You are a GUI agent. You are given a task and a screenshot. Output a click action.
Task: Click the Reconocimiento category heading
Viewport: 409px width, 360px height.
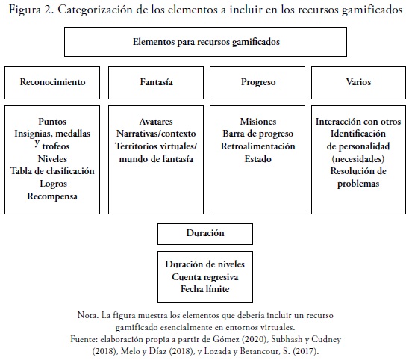[x=52, y=82]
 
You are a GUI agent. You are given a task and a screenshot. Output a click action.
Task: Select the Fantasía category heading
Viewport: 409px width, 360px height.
[x=156, y=82]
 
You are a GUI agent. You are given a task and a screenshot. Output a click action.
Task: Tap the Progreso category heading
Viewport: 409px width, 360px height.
[x=258, y=82]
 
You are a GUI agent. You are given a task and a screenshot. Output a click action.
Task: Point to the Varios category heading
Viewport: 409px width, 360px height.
[x=358, y=82]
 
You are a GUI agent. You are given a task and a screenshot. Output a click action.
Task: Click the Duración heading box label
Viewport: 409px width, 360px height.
[x=205, y=233]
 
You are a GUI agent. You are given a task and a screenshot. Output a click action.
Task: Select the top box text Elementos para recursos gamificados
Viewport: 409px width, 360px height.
[x=206, y=42]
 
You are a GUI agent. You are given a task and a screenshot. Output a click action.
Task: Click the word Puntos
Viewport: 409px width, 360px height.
[x=52, y=122]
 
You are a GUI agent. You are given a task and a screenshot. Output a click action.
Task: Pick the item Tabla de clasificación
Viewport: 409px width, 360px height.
[x=52, y=171]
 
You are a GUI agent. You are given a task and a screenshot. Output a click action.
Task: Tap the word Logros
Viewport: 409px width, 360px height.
[x=53, y=184]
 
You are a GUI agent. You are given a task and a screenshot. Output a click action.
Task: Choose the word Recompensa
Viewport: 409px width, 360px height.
[x=52, y=196]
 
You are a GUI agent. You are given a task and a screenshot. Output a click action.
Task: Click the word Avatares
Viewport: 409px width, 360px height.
[x=156, y=122]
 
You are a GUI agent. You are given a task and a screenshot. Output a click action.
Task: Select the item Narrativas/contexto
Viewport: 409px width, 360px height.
[x=156, y=134]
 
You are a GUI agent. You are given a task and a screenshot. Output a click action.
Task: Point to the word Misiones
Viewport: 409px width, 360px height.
[x=258, y=122]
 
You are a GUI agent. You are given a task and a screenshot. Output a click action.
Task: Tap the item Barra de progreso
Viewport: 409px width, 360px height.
[x=258, y=134]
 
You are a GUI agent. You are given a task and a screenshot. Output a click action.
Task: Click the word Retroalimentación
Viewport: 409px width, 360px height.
[x=258, y=146]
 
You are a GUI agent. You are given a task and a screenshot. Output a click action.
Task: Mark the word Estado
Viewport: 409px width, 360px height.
[x=257, y=159]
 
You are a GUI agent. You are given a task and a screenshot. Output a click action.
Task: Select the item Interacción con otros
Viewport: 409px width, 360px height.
[x=358, y=122]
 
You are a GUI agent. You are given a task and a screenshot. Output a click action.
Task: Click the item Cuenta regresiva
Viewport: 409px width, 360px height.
[x=205, y=277]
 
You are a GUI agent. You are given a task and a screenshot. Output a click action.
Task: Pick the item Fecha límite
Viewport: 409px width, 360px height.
[x=205, y=289]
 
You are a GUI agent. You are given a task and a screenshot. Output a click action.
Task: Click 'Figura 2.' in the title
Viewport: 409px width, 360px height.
[x=31, y=10]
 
